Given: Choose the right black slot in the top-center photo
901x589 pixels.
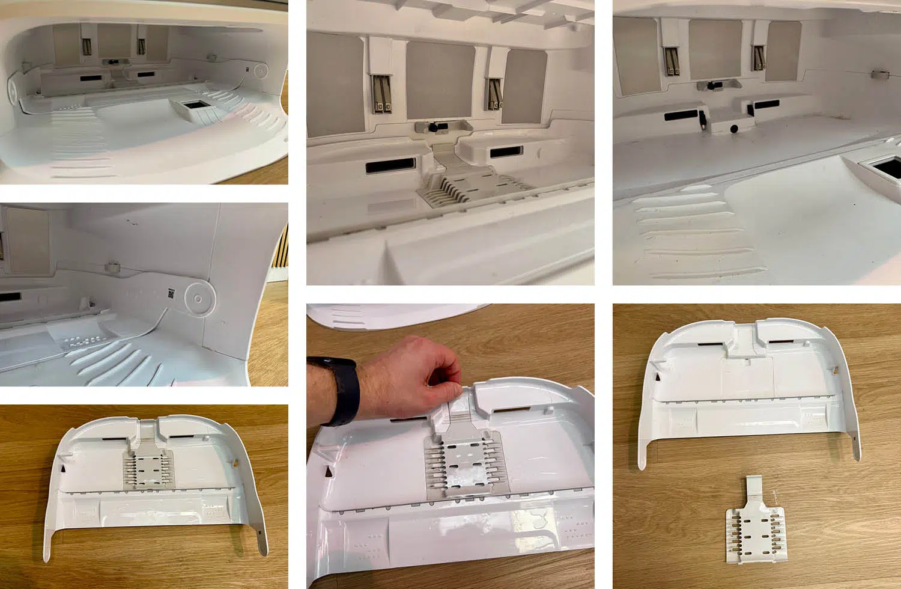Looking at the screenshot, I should [506, 153].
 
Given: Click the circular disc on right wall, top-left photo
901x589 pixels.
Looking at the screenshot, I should [261, 71].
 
